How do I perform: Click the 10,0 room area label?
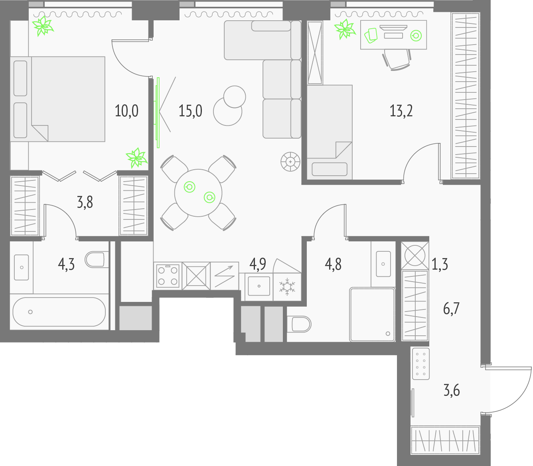pos(126,111)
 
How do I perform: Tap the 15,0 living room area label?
pos(190,111)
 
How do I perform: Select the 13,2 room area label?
pos(401,111)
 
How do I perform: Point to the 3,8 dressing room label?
pos(85,203)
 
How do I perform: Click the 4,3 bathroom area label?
pos(66,265)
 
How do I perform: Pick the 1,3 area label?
pos(440,265)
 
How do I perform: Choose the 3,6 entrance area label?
pos(452,391)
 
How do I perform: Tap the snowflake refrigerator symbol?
pos(287,286)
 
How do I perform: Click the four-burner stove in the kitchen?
pos(168,276)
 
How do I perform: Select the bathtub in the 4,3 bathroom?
pos(59,311)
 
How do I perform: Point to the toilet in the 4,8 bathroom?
pos(299,324)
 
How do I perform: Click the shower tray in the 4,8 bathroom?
pos(372,314)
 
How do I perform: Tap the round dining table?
pos(198,193)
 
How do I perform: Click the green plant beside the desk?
pos(345,29)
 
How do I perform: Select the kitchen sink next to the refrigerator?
pos(259,286)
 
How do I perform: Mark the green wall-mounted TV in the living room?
pos(158,113)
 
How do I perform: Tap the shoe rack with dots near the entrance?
pos(421,364)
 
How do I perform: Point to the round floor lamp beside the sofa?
pos(290,161)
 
